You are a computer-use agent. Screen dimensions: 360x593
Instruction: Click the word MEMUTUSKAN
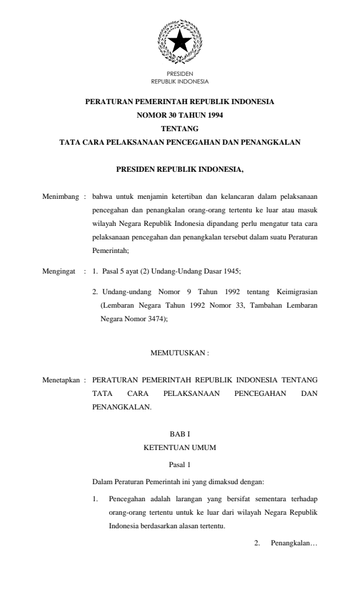pyautogui.click(x=177, y=352)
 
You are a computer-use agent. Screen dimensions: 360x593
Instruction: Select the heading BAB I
pyautogui.click(x=180, y=434)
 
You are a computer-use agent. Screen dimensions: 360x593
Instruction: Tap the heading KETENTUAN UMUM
pyautogui.click(x=180, y=448)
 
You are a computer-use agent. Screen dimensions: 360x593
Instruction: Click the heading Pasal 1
pyautogui.click(x=180, y=464)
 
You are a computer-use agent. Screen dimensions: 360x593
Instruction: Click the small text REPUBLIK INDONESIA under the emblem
pyautogui.click(x=180, y=81)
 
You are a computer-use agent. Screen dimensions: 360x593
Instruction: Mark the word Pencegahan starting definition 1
pyautogui.click(x=126, y=499)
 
